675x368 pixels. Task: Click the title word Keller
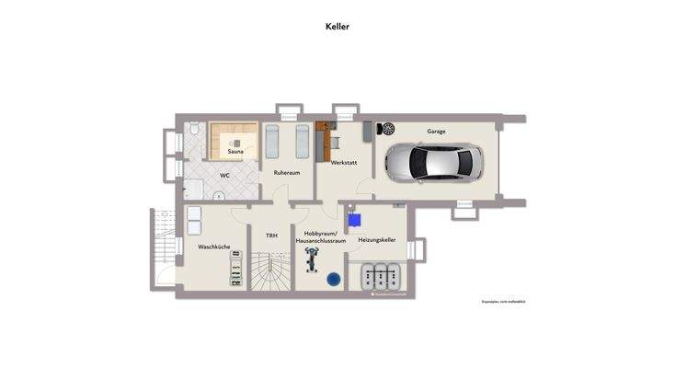337,27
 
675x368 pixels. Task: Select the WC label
224,175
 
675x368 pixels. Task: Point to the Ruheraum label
287,172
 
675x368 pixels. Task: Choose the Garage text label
436,132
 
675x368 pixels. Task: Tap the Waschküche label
213,247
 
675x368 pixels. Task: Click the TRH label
271,236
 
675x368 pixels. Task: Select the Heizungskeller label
377,239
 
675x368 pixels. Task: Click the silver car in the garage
433,164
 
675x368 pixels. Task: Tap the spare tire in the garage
385,130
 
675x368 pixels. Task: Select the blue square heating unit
354,220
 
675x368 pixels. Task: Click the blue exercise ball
333,278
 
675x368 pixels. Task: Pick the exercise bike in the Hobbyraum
312,262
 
